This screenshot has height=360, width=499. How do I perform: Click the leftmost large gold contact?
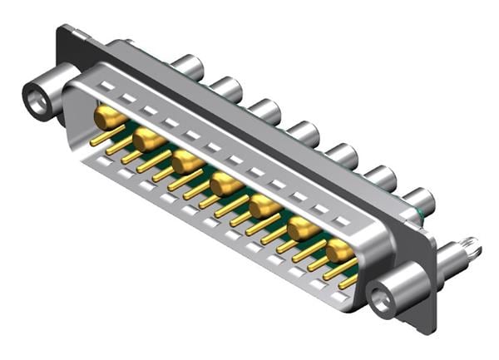tap(110, 118)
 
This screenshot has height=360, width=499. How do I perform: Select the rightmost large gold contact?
tap(339, 250)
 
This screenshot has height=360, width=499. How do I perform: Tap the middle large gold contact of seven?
tap(225, 184)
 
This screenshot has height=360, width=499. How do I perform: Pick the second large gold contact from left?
tap(149, 140)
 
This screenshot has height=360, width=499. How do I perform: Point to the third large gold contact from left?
tap(187, 161)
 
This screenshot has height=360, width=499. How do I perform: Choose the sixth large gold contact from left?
tap(302, 229)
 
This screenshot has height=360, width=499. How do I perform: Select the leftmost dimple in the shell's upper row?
tap(106, 86)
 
